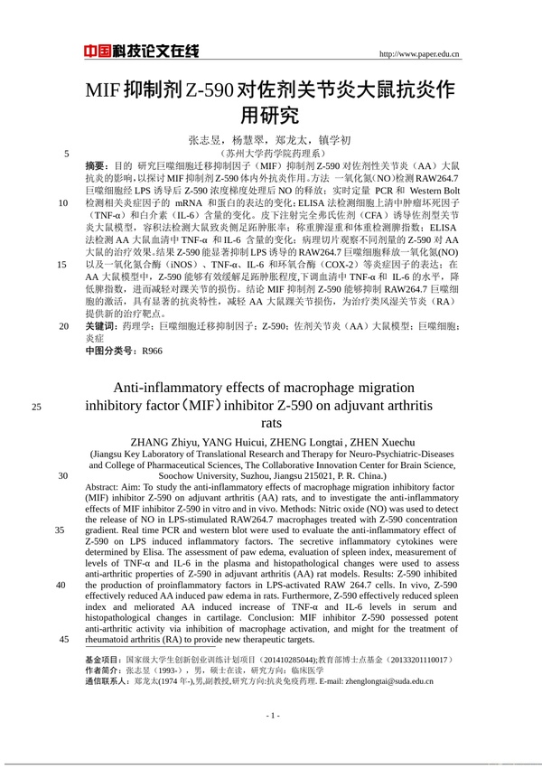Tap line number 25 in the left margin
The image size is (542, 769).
coord(36,406)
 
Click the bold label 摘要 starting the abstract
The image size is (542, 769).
coord(95,167)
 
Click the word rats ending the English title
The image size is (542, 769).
coord(271,422)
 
